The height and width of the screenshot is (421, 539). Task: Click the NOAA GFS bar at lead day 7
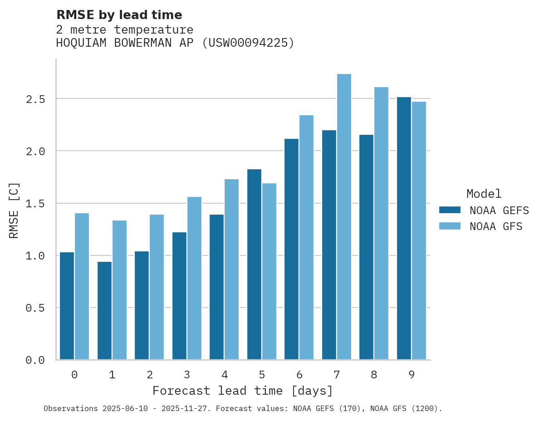[x=344, y=217]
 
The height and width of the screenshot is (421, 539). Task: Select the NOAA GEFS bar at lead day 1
[x=104, y=311]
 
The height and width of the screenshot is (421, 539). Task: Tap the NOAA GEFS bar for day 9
[x=404, y=228]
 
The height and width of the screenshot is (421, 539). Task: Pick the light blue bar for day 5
[x=269, y=271]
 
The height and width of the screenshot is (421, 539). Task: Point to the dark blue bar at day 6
[x=292, y=249]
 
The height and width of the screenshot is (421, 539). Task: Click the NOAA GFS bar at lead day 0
[x=82, y=286]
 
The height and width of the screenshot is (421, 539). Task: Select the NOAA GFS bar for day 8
[x=381, y=223]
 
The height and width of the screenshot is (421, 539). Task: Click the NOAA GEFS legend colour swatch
[x=450, y=210]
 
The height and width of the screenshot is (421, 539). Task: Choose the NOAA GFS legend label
[x=496, y=226]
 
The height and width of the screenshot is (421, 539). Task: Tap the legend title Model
[x=484, y=194]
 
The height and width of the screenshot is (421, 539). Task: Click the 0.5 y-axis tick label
[x=35, y=308]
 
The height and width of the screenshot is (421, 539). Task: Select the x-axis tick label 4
[x=225, y=375]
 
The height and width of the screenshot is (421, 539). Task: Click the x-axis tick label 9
[x=412, y=375]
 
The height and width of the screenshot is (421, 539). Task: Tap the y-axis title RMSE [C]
[x=15, y=210]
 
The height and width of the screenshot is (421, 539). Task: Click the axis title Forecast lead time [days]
[x=243, y=391]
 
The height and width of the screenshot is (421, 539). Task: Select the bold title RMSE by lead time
[x=119, y=15]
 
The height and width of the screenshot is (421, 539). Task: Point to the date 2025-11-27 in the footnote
[x=191, y=409]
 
